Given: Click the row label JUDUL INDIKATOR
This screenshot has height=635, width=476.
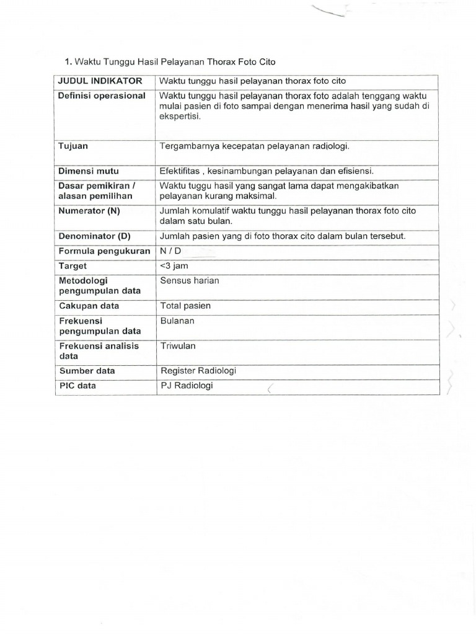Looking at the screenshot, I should click(100, 81).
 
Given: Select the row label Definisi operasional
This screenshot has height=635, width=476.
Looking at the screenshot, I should click(102, 95).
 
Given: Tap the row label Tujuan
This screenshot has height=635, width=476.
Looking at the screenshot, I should click(73, 146).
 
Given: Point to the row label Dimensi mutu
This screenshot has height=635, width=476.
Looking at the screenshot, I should click(88, 171).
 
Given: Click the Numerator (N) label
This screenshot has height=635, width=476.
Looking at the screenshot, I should click(89, 211).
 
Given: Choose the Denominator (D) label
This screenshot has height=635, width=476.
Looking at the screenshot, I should click(95, 236).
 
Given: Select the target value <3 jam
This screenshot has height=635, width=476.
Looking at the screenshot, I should click(174, 265).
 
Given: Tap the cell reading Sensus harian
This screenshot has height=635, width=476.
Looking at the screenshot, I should click(190, 280).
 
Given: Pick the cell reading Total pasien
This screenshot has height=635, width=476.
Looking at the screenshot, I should click(185, 306).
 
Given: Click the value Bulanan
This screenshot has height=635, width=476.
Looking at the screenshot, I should click(177, 321).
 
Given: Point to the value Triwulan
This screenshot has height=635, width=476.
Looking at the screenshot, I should click(178, 346).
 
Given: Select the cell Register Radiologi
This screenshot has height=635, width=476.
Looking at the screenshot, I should click(198, 371).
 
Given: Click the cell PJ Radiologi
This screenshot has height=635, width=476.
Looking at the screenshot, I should click(187, 386).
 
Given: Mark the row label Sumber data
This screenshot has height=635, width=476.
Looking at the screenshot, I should click(87, 371).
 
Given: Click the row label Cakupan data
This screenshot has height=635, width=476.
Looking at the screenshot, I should click(89, 306).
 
